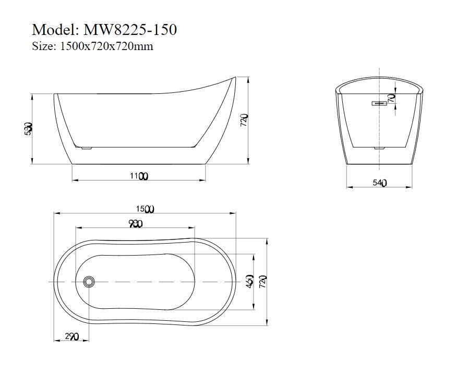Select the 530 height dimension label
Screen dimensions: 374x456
[29, 128]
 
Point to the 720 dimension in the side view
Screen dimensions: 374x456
[244, 120]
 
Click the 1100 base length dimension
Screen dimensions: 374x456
[139, 176]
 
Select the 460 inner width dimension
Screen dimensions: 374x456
[250, 282]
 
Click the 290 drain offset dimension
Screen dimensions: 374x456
[71, 337]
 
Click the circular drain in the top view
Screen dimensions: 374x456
[89, 282]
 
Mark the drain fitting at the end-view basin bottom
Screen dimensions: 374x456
[379, 149]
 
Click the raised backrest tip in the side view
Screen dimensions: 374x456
[233, 79]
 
